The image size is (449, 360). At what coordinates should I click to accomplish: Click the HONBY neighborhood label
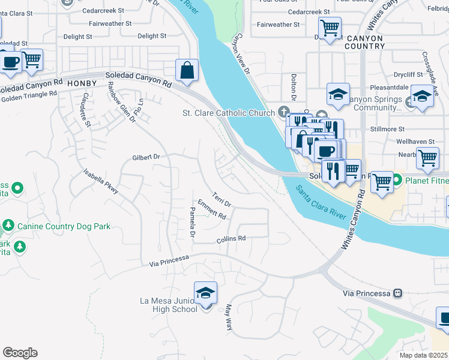point(82,82)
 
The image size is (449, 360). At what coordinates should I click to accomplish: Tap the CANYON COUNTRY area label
point(364,42)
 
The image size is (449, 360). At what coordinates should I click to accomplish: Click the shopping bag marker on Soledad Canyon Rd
point(187,70)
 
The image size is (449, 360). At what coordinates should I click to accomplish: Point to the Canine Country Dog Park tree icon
point(8,226)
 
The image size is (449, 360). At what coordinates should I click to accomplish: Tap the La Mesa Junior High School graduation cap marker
point(206,293)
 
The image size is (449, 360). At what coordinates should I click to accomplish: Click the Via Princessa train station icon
point(397,293)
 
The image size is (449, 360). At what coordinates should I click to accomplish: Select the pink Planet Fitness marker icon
point(397,180)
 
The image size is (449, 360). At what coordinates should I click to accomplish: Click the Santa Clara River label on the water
point(322,205)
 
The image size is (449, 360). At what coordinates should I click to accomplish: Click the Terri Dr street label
point(223,203)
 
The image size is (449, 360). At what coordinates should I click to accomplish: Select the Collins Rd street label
point(231,239)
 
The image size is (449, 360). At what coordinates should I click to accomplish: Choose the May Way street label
point(228,318)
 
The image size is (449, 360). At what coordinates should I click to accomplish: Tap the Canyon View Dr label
point(241,55)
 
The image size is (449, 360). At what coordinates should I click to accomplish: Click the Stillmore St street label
point(388,128)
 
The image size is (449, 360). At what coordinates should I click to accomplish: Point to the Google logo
point(20,352)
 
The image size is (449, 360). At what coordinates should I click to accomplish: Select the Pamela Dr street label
point(192,222)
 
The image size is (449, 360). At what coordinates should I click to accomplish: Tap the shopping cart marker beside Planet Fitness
point(382,182)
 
